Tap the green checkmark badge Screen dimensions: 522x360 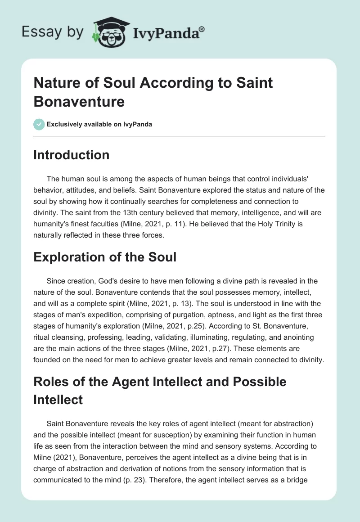click(x=39, y=124)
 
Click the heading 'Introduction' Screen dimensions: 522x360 click(x=72, y=155)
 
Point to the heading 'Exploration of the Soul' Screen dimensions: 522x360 click(x=105, y=257)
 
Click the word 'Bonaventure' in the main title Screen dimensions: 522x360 click(x=79, y=101)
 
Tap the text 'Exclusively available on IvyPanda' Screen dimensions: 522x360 click(x=99, y=124)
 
